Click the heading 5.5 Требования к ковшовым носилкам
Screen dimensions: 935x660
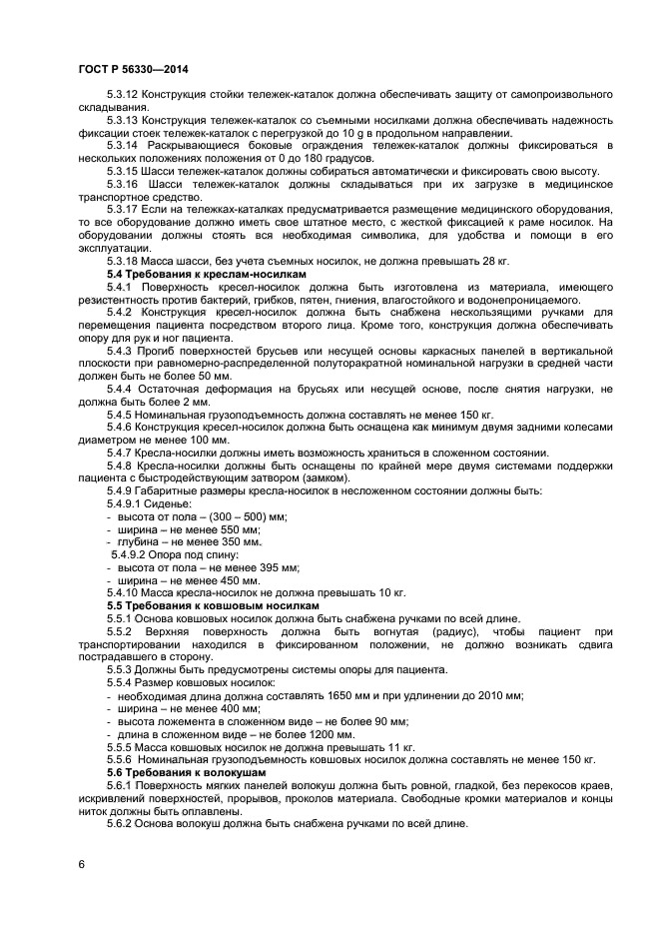(214, 605)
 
